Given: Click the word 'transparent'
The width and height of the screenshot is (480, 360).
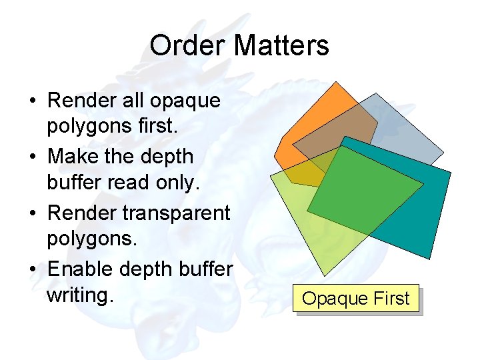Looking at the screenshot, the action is (x=177, y=213).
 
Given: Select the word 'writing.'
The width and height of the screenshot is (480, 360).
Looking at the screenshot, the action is (x=77, y=294).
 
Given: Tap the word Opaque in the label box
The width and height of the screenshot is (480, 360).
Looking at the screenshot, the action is (x=329, y=298).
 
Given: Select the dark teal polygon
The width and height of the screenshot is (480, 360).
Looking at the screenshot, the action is (x=433, y=213).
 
